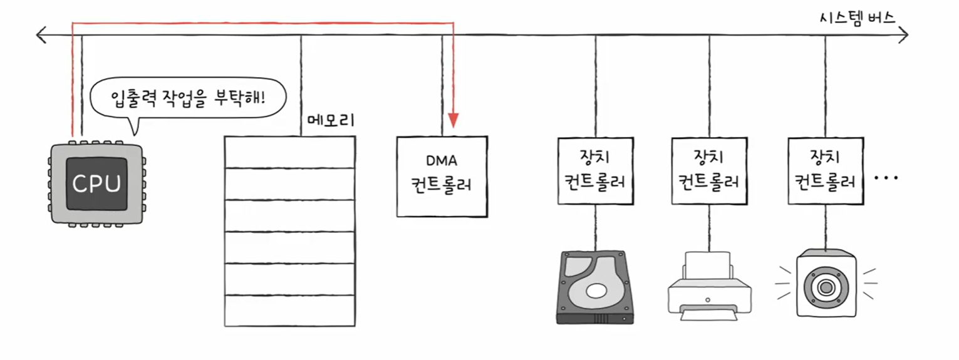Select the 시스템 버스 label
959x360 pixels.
(857, 18)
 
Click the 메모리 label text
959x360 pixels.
(331, 120)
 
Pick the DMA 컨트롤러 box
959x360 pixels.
(442, 177)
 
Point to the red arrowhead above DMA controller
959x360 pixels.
(454, 120)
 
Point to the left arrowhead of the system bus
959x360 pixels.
(41, 35)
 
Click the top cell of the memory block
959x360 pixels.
(289, 152)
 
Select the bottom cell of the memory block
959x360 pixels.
(289, 311)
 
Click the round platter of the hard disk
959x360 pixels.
(598, 291)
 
